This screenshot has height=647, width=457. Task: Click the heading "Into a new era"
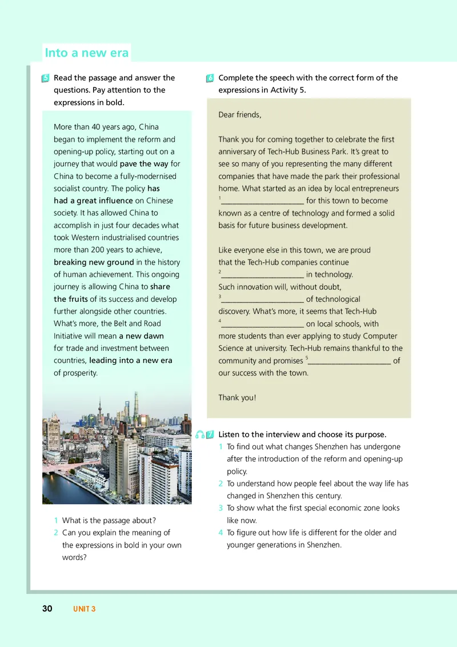(x=87, y=53)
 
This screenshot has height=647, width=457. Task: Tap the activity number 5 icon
(x=46, y=78)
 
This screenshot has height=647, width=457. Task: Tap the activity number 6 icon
(x=210, y=78)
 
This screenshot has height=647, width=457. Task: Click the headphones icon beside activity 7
(x=199, y=435)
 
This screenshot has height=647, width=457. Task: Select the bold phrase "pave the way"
(x=145, y=164)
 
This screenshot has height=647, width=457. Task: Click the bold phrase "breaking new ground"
(x=94, y=262)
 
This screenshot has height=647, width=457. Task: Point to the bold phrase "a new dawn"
(x=141, y=336)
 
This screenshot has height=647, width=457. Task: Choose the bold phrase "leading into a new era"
(x=131, y=361)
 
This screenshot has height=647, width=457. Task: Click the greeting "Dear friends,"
(x=240, y=115)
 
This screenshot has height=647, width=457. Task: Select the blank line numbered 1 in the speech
(x=262, y=201)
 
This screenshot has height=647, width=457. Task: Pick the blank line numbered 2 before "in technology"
(x=262, y=275)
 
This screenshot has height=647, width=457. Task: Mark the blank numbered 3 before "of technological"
(x=262, y=299)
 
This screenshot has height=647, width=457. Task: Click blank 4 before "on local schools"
(x=262, y=324)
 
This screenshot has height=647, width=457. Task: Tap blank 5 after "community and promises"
(x=349, y=361)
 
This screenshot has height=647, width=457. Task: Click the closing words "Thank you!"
(x=238, y=398)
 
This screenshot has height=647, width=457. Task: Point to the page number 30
(x=47, y=609)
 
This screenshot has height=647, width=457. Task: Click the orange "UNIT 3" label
(x=85, y=609)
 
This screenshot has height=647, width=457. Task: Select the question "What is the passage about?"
(x=109, y=521)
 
